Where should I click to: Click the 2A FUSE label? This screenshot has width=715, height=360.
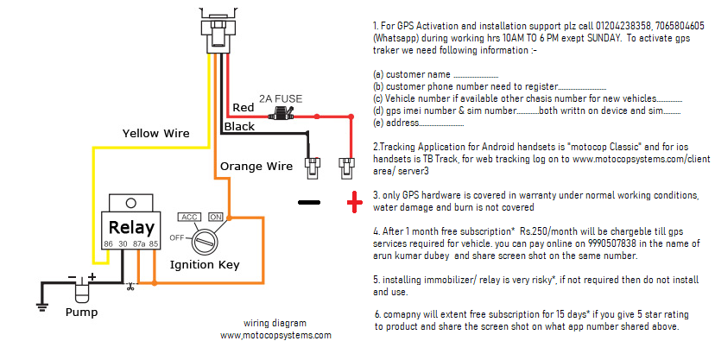[281, 98]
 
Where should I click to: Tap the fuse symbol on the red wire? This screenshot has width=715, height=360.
[281, 113]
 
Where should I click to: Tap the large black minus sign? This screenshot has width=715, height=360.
[308, 203]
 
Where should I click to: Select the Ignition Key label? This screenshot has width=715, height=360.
[204, 264]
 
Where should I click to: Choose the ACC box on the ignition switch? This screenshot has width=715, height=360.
[189, 217]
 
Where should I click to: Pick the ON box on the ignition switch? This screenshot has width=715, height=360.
[216, 217]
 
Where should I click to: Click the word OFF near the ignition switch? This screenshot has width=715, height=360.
[177, 237]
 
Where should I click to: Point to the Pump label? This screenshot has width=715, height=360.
[82, 312]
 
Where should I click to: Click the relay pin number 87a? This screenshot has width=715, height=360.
[139, 244]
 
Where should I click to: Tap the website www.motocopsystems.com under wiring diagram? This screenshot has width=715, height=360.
[275, 335]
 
